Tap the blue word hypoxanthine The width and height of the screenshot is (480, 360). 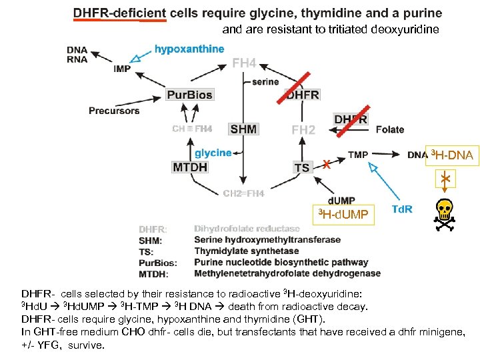tap(189, 49)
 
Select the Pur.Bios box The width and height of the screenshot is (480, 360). tap(189, 95)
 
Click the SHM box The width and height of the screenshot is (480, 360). tap(243, 129)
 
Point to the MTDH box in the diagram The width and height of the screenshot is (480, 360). tap(191, 167)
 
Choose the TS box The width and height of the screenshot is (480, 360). tap(302, 167)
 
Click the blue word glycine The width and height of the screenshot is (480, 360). tap(213, 153)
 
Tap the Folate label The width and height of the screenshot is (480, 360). tap(390, 129)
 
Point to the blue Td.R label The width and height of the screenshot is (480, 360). tap(401, 209)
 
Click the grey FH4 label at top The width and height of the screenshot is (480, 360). tap(244, 63)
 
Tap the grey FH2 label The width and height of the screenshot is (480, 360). tap(303, 129)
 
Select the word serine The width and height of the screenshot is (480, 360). tap(265, 81)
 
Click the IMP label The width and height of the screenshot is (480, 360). tap(122, 69)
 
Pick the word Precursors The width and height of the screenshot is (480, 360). tap(114, 111)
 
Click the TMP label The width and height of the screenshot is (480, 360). tap(358, 155)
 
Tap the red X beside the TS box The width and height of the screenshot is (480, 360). tap(326, 165)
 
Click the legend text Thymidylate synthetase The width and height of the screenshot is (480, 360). tap(247, 251)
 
